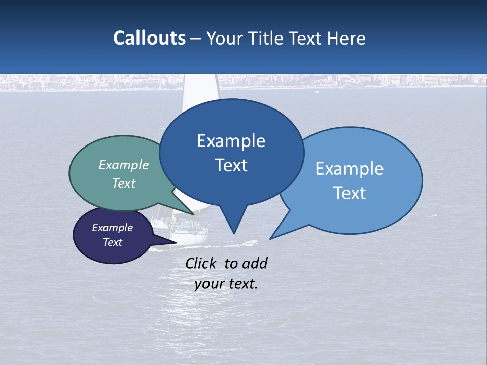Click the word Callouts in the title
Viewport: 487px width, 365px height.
[x=149, y=38]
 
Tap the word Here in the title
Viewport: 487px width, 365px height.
[x=346, y=38]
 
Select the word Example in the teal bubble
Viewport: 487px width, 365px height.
[x=124, y=165]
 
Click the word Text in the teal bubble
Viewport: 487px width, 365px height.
[x=124, y=183]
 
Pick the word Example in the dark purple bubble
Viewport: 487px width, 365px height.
[x=112, y=228]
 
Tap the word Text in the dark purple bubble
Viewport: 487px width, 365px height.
[x=112, y=242]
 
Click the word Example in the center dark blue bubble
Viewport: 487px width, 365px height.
[x=231, y=140]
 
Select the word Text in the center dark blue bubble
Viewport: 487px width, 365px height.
[x=231, y=165]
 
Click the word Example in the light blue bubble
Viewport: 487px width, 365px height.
[x=350, y=168]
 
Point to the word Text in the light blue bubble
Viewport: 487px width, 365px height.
[x=350, y=193]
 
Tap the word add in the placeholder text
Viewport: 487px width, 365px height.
[x=254, y=263]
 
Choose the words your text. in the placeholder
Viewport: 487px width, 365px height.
[x=226, y=284]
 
